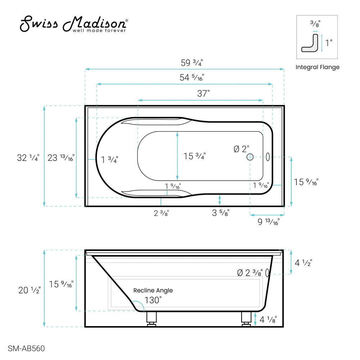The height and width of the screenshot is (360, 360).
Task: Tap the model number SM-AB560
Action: pos(26,349)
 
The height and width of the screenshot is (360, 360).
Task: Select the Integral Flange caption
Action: pos(317,67)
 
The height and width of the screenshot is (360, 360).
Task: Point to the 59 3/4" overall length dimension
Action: pos(192,62)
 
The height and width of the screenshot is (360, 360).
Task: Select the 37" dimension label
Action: pos(203,94)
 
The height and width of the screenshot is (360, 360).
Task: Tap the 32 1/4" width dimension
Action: pos(28,157)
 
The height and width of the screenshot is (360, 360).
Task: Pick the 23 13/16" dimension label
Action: pos(61,157)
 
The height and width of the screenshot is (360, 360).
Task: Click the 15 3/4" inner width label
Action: pos(194,156)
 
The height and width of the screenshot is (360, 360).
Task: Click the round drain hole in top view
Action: pos(250,157)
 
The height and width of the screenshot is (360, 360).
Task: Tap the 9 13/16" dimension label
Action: pos(269,222)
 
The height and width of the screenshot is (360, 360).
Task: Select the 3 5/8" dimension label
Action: pos(220,213)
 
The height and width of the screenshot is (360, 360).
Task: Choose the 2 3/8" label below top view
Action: pos(161,213)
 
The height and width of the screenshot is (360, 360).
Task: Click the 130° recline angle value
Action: pos(153,300)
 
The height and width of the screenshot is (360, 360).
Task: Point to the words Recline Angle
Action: pos(153,290)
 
